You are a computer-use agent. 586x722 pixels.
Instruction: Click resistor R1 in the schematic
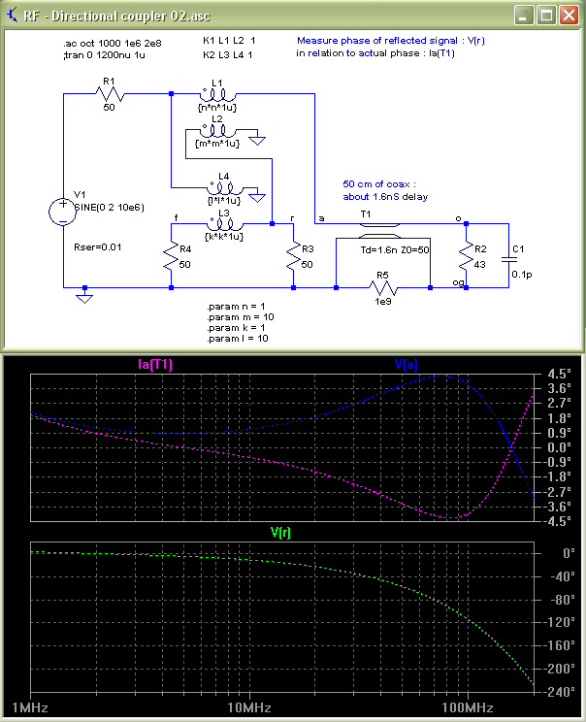tap(109, 94)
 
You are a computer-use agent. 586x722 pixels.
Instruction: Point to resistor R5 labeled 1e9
tap(384, 288)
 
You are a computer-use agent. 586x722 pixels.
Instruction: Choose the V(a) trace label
tap(407, 364)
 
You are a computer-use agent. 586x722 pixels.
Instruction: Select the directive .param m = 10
tap(236, 316)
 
